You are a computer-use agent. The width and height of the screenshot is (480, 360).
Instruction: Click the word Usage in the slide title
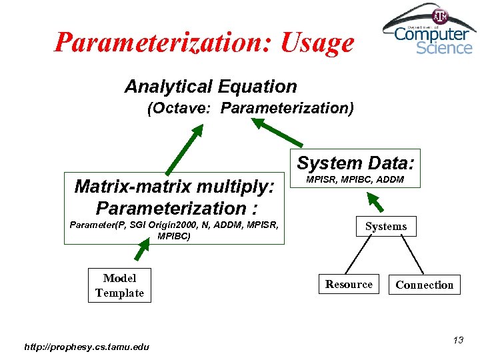tap(317, 43)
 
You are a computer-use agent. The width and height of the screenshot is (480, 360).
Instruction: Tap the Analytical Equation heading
tap(211, 87)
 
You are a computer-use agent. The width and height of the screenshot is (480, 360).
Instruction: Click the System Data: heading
tap(355, 163)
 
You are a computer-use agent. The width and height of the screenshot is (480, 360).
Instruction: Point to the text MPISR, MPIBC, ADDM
tap(354, 179)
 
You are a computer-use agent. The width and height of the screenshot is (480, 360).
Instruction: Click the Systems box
tap(385, 227)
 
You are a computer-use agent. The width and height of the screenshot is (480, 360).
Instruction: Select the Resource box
tap(349, 285)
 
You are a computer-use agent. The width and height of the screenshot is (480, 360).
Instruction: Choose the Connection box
tap(424, 285)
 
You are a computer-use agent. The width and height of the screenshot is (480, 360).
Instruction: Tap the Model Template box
tap(119, 285)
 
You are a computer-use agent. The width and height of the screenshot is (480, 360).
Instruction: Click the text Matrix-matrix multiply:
tap(175, 186)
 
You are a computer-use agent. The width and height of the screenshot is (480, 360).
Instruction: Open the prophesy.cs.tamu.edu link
tap(87, 346)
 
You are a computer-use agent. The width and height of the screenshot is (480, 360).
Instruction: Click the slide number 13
tap(458, 341)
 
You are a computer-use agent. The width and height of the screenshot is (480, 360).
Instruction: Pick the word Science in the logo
tap(444, 48)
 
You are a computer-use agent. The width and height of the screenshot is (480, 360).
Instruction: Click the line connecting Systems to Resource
tap(365, 255)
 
